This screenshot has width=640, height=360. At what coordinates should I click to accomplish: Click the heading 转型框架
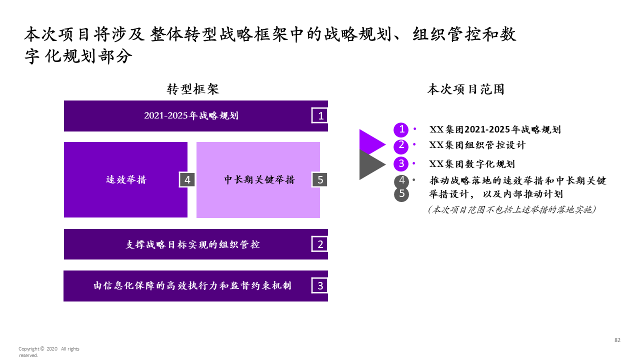(192, 89)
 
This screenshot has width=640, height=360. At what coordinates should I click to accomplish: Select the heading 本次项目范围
(465, 89)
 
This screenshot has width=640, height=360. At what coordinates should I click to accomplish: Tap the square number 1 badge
(320, 116)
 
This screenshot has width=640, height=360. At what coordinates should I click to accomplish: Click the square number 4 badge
(187, 179)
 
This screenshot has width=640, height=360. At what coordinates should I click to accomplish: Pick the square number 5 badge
(320, 179)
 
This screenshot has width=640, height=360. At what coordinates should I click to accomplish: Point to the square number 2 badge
(320, 244)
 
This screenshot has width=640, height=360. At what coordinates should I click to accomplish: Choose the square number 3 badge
(320, 286)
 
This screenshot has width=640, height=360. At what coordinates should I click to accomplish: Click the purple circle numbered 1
(401, 129)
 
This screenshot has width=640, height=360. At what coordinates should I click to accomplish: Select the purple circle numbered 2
(401, 146)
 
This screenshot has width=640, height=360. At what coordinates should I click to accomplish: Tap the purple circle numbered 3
(401, 163)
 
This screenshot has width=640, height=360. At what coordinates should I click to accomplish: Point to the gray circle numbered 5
(401, 194)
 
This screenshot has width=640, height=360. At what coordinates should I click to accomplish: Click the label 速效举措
(126, 180)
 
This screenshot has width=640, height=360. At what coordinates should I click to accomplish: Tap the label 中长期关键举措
(259, 180)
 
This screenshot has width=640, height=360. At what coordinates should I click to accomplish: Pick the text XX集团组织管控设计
(477, 145)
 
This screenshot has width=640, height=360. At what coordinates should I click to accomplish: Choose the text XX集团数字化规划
(472, 164)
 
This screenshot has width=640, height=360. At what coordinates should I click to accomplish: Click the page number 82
(617, 340)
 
